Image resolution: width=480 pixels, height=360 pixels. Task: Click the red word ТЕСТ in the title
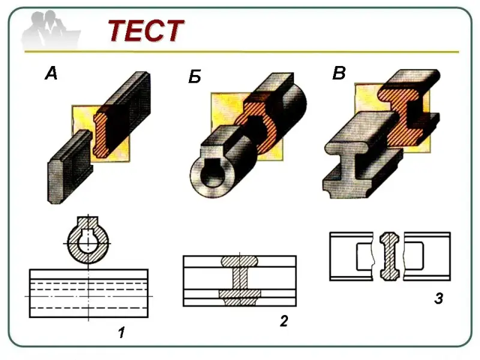point(146,31)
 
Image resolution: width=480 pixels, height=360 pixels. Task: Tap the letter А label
point(51,74)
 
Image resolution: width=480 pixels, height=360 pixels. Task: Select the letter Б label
point(194,77)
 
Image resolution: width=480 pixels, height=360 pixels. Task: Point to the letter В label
point(339,73)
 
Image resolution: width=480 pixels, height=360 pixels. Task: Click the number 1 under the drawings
point(122,332)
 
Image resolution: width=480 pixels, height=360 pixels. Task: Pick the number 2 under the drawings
point(284,321)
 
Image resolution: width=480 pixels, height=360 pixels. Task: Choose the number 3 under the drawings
point(439,298)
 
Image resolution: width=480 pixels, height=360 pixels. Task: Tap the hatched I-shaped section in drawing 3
point(389,257)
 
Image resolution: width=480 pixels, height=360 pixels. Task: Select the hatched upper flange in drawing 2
point(239,261)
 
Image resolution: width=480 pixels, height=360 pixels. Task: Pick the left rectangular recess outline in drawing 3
point(365,257)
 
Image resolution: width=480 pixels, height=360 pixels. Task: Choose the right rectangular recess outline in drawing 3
point(414,256)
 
